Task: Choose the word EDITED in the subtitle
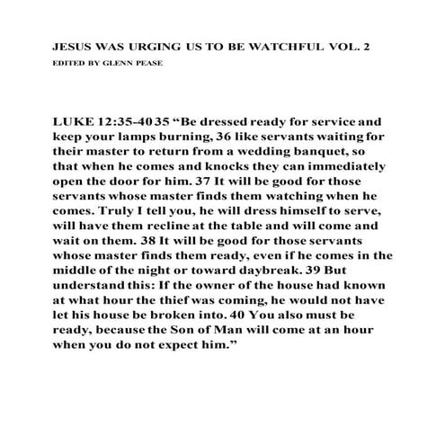pos(68,64)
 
